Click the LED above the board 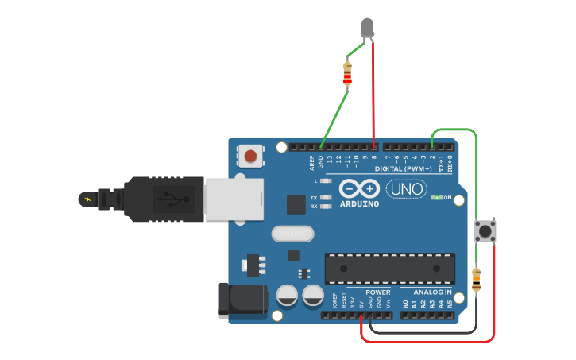(367, 28)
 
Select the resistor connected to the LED (347, 73)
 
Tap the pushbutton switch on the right (485, 231)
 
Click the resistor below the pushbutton (476, 280)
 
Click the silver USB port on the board (233, 199)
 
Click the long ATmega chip (389, 268)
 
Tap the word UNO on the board (406, 189)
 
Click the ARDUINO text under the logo (359, 203)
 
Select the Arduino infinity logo (359, 188)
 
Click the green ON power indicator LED (435, 197)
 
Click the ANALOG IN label (432, 292)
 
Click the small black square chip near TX (296, 204)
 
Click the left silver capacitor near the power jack (288, 296)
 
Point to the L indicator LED (325, 181)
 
